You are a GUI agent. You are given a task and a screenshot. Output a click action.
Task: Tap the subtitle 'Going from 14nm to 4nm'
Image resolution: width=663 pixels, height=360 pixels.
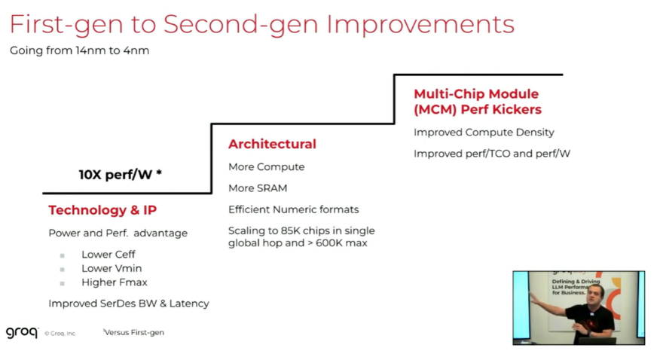tap(79, 50)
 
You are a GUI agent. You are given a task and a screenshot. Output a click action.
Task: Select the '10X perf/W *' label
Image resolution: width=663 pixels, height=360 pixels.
tap(121, 175)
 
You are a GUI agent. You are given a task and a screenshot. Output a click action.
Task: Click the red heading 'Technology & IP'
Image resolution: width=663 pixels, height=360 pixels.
tap(102, 210)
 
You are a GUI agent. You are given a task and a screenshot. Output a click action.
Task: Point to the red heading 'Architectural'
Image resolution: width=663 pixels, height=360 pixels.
tap(272, 144)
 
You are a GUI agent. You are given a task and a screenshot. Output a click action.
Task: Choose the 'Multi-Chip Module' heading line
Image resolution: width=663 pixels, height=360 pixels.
tap(476, 94)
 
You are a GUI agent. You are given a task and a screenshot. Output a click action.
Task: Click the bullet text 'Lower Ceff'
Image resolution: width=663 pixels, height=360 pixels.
tap(108, 255)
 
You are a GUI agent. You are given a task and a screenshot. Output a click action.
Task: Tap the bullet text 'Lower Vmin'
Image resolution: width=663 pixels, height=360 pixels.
tap(112, 268)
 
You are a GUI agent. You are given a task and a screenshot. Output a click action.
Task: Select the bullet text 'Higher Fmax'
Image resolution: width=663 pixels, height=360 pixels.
tap(115, 282)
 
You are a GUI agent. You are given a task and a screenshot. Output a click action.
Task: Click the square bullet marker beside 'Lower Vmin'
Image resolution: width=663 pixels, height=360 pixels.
tap(62, 269)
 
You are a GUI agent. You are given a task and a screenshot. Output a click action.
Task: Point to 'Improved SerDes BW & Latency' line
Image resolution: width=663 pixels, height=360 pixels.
tap(129, 304)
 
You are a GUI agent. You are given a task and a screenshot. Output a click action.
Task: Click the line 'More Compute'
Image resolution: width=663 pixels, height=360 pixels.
tap(267, 166)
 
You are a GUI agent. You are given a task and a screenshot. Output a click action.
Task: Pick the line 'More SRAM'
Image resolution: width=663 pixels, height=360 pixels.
tap(258, 188)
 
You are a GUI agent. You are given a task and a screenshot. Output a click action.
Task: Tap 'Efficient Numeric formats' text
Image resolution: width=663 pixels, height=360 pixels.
tap(294, 209)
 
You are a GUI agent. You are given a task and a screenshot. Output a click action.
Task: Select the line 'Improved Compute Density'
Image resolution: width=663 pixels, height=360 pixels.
tap(484, 133)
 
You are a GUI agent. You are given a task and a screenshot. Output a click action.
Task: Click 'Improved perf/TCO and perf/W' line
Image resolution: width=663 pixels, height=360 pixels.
tap(492, 154)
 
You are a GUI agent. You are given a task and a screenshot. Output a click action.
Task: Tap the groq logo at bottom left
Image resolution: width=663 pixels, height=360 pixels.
tap(22, 332)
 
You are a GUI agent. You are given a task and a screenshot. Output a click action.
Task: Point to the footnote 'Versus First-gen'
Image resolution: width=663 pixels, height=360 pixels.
tap(134, 332)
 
